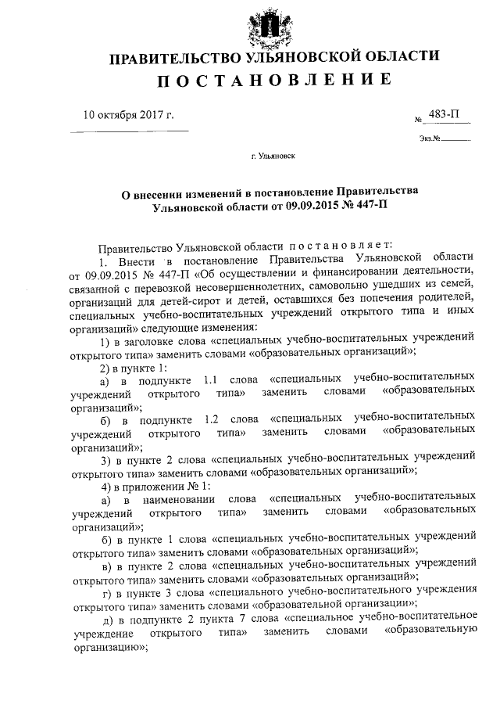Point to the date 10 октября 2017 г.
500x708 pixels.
point(128,114)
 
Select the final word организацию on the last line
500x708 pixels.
point(106,648)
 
